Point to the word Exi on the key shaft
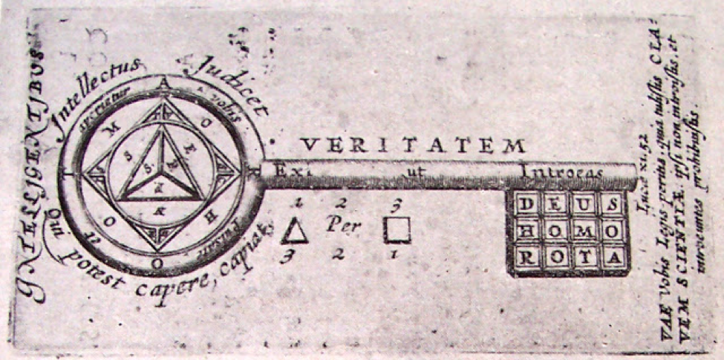tap(281, 170)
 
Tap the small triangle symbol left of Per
tap(294, 232)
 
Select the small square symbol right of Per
tap(397, 230)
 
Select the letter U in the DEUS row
tap(583, 205)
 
